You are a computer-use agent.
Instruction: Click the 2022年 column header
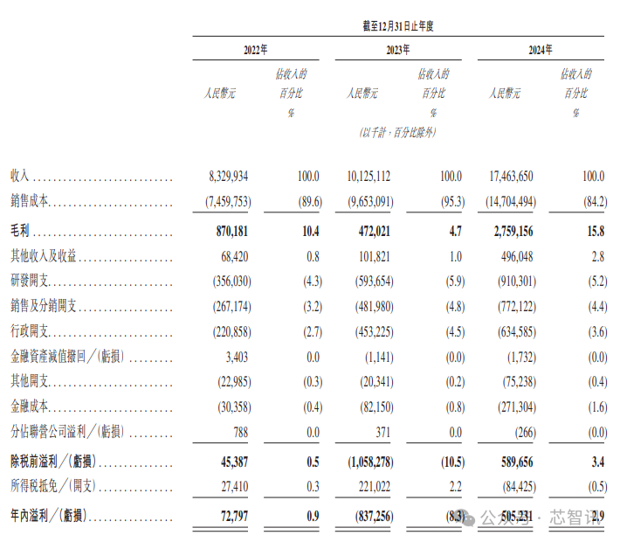pyautogui.click(x=256, y=51)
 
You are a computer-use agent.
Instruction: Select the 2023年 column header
pyautogui.click(x=398, y=51)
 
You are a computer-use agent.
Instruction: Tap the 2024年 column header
pyautogui.click(x=541, y=51)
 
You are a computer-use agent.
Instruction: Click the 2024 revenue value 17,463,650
pyautogui.click(x=506, y=177)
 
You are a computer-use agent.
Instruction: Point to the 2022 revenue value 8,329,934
pyautogui.click(x=225, y=177)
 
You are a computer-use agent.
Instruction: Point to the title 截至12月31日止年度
pyautogui.click(x=398, y=26)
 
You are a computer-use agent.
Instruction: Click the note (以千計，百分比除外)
pyautogui.click(x=397, y=132)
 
